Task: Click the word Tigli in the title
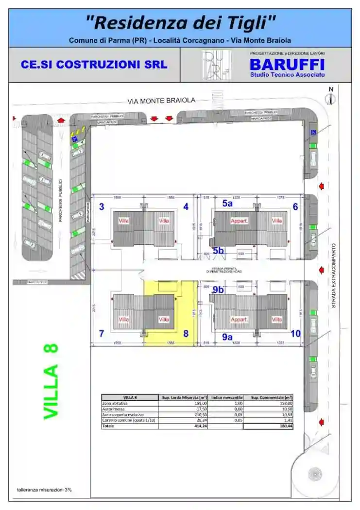[x=251, y=22]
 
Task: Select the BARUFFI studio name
[x=287, y=64]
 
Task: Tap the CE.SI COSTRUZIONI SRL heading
[x=94, y=65]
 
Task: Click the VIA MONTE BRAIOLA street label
[x=161, y=101]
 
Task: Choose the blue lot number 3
[x=102, y=207]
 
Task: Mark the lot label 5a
[x=227, y=204]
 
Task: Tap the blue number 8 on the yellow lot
[x=185, y=334]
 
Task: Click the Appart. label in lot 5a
[x=239, y=221]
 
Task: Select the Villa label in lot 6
[x=277, y=221]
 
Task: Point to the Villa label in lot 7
[x=124, y=319]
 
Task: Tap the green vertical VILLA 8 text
[x=51, y=381]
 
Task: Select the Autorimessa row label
[x=111, y=409]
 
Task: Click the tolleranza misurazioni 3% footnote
[x=44, y=490]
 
